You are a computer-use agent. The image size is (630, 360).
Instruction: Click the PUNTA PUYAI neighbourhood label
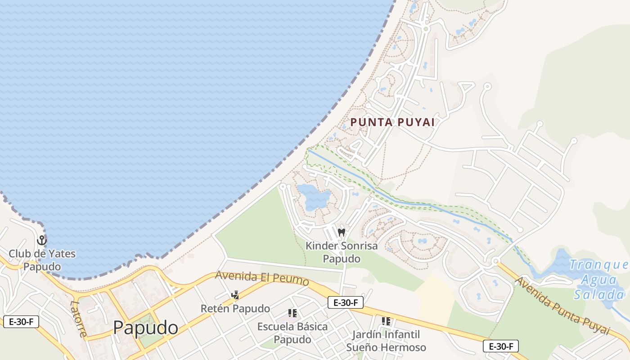(392, 122)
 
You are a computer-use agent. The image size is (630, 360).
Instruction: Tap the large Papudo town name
(145, 328)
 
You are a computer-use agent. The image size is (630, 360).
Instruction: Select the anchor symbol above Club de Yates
(42, 240)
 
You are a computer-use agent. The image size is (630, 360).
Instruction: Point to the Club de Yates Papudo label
(42, 260)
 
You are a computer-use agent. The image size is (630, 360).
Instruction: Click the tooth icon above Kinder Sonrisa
(341, 233)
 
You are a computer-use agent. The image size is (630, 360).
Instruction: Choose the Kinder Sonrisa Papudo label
(342, 252)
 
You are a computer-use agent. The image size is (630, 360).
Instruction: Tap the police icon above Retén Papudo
(235, 295)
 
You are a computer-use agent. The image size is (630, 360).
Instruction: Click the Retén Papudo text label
(235, 309)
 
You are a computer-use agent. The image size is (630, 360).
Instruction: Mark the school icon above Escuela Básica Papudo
(292, 313)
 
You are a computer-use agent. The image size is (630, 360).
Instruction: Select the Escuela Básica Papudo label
(292, 333)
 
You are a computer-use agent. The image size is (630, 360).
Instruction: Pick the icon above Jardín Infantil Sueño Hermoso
(386, 321)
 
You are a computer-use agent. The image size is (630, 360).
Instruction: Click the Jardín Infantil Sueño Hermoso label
(386, 341)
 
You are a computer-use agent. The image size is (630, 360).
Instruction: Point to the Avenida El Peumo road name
(262, 278)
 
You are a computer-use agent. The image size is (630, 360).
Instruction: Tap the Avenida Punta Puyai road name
(562, 306)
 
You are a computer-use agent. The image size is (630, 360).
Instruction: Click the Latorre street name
(78, 318)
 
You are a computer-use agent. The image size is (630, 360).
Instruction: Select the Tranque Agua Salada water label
(598, 279)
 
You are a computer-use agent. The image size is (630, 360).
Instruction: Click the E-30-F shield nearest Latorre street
(21, 322)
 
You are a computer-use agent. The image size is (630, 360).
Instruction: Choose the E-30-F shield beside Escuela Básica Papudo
(345, 302)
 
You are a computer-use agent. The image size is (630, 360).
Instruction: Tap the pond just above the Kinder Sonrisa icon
(314, 197)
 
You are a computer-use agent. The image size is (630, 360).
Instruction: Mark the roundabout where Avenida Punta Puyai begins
(495, 261)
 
